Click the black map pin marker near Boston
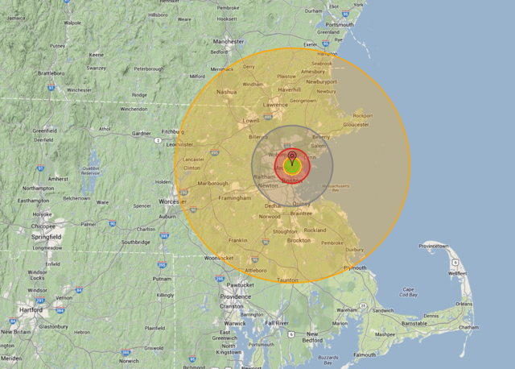click(x=292, y=155)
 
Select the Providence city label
click(x=235, y=296)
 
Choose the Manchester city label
click(x=228, y=41)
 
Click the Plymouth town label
click(x=355, y=267)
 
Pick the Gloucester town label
click(x=356, y=125)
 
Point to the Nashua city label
click(x=227, y=92)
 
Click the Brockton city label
click(x=299, y=240)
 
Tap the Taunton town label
click(x=286, y=280)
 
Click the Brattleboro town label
click(x=51, y=73)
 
